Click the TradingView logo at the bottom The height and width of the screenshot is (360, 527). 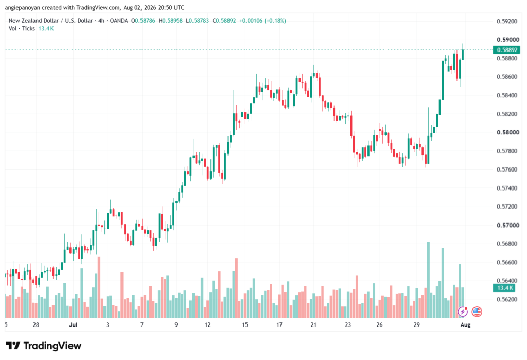pos(44,346)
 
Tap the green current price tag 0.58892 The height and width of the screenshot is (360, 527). pos(506,50)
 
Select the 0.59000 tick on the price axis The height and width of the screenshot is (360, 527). pos(507,40)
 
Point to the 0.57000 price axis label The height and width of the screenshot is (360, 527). pos(507,225)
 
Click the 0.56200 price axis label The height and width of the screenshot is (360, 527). pos(507,299)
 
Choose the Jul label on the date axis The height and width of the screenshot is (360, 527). pos(73,324)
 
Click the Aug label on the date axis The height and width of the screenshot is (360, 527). pos(465,324)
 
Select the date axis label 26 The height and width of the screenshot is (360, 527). pos(379,324)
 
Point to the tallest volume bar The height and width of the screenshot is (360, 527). pos(428,280)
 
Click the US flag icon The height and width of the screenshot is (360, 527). pos(477,312)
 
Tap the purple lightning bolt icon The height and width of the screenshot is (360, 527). pos(463,312)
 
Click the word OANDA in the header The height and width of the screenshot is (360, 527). pos(119,21)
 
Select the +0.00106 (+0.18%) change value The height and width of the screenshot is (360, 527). pos(262,21)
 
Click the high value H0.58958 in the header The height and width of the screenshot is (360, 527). pos(170,21)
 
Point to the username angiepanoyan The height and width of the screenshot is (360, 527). pos(22,7)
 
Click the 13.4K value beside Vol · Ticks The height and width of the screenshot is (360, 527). pos(46,29)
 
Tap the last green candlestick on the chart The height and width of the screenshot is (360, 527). pos(463,55)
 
